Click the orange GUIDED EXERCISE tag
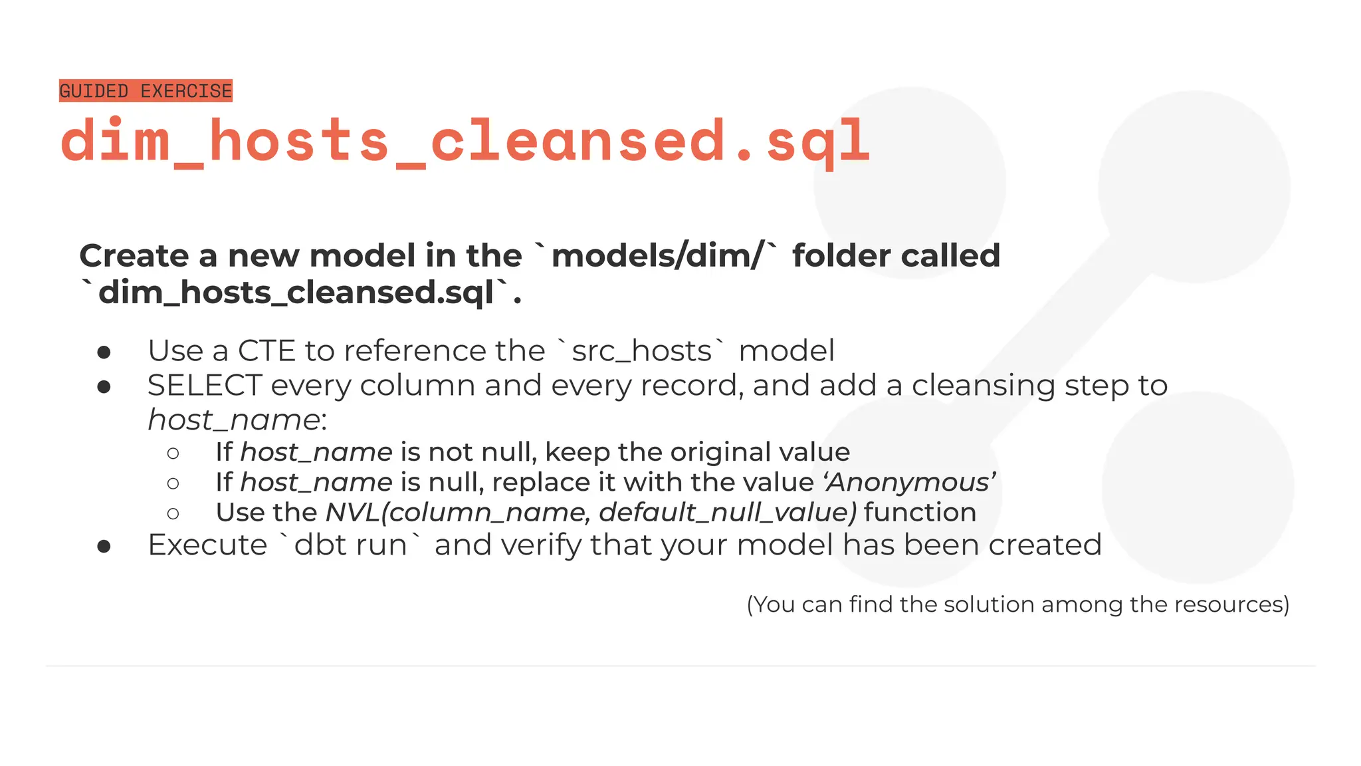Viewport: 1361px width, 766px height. click(146, 90)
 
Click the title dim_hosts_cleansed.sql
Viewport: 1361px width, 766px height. click(465, 141)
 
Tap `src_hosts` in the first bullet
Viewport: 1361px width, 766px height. click(641, 350)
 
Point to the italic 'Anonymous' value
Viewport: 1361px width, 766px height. click(909, 482)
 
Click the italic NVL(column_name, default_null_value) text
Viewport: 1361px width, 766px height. click(591, 513)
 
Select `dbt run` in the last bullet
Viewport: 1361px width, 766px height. click(350, 545)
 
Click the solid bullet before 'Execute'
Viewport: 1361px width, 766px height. click(104, 547)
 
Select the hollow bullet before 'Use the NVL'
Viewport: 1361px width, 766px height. click(173, 513)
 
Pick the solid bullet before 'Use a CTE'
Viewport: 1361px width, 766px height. click(104, 352)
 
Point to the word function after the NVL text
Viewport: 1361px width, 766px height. click(920, 513)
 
